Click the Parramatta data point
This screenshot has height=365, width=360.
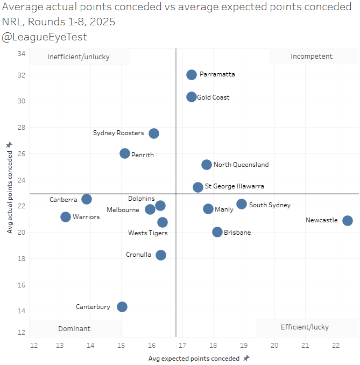[x=192, y=75]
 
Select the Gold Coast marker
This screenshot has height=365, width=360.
[x=192, y=97]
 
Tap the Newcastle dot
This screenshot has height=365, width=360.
[x=348, y=221]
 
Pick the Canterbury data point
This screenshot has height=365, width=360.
[x=122, y=307]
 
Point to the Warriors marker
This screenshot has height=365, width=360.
[x=66, y=217]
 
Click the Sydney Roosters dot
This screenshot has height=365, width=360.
[x=154, y=134]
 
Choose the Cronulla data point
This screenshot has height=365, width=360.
[x=161, y=255]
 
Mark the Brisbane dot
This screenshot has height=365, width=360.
[x=217, y=232]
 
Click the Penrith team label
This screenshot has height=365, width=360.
[x=143, y=155]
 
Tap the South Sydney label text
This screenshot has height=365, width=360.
[x=270, y=205]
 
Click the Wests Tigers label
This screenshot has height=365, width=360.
[x=148, y=233]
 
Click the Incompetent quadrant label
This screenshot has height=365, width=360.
[x=312, y=57]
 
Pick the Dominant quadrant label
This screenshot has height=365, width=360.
[x=75, y=328]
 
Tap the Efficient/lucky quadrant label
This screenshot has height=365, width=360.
[x=305, y=327]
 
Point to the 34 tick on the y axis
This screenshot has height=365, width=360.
[x=22, y=54]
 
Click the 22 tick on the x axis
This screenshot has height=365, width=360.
[x=336, y=345]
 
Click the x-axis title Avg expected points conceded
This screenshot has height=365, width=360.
[x=194, y=358]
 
